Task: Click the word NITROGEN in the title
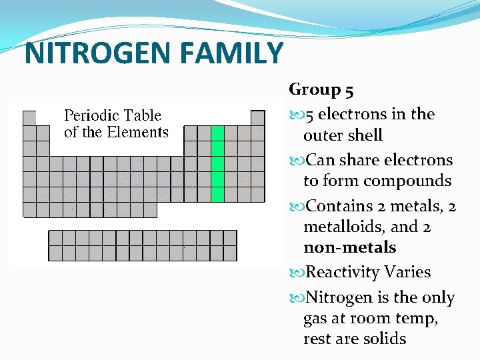(86, 53)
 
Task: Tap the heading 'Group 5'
(325, 89)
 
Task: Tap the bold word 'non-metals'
(349, 247)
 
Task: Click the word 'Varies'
(407, 272)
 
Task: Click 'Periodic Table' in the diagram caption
(113, 115)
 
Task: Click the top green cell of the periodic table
(217, 133)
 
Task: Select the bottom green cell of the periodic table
(217, 195)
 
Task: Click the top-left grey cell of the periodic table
(29, 118)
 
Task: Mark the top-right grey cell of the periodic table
(257, 118)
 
